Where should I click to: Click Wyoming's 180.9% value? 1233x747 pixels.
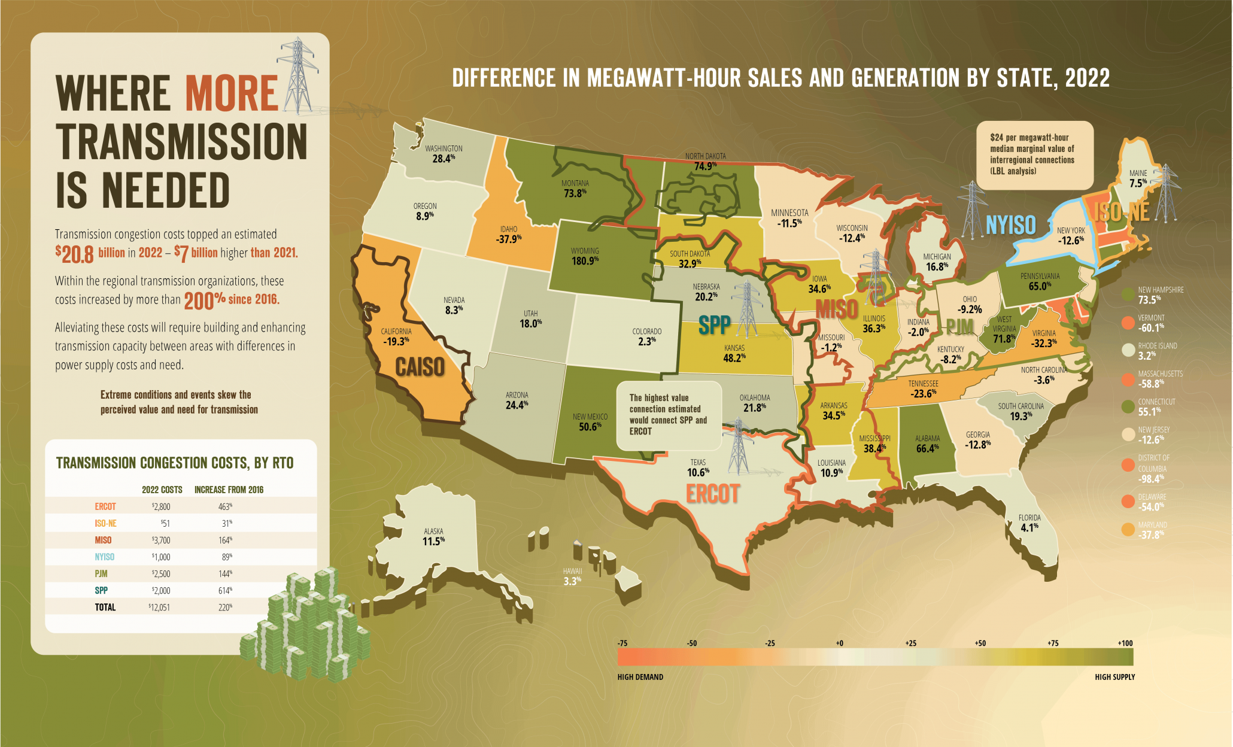(x=585, y=261)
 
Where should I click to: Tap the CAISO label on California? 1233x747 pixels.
(x=420, y=366)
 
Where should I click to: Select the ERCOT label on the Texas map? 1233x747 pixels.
(x=712, y=494)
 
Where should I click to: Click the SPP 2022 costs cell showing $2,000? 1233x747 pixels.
(x=160, y=590)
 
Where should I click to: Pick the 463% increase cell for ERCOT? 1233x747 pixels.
(x=225, y=506)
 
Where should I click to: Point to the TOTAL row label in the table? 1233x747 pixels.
(x=105, y=607)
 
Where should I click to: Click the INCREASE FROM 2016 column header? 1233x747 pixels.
(x=229, y=490)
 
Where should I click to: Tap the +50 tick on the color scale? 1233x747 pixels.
(x=980, y=643)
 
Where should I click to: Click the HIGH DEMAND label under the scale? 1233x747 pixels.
(x=640, y=677)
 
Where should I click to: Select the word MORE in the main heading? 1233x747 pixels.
(x=232, y=94)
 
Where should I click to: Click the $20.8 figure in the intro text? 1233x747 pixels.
(x=75, y=254)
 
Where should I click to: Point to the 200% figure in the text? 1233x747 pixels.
(x=204, y=300)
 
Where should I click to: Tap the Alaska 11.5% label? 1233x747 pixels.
(x=433, y=541)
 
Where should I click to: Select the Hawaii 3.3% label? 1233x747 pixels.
(x=572, y=581)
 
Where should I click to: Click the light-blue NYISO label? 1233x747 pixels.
(x=1010, y=225)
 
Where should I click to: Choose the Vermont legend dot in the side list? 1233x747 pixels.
(x=1128, y=323)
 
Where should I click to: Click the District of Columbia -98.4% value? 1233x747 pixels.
(x=1150, y=479)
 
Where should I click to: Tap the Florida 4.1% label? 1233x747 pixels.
(x=1029, y=527)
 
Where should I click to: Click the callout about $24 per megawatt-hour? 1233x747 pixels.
(x=1034, y=154)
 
